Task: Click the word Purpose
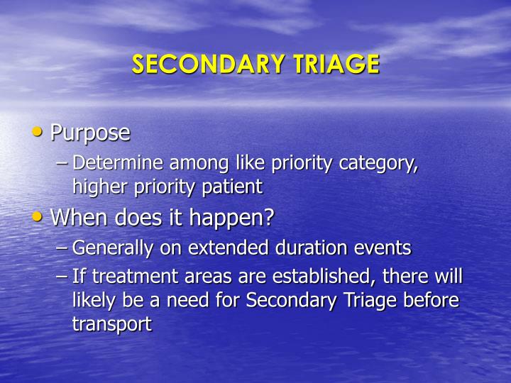click(x=90, y=133)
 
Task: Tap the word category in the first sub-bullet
click(x=380, y=164)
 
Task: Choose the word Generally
click(x=108, y=248)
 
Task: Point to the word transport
click(x=112, y=324)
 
